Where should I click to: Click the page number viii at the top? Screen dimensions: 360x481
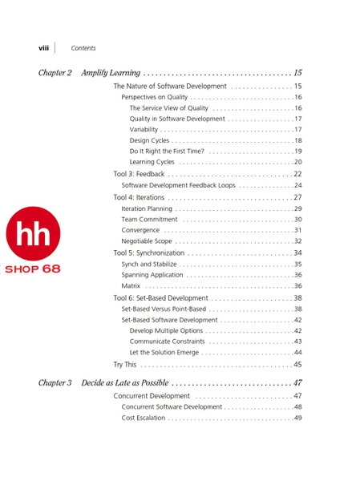(x=43, y=48)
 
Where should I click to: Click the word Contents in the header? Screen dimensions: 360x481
(x=83, y=48)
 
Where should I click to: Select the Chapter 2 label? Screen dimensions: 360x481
(x=55, y=73)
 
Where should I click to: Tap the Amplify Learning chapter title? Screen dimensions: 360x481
(x=111, y=73)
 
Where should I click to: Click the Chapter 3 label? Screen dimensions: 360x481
(x=55, y=383)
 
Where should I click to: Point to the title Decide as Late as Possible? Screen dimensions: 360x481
(x=124, y=383)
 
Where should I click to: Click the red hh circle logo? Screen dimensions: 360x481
(x=33, y=233)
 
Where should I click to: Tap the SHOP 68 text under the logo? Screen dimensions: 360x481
(x=33, y=269)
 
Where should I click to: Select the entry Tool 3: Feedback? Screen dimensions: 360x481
(x=139, y=174)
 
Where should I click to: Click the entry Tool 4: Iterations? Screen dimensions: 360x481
(x=139, y=197)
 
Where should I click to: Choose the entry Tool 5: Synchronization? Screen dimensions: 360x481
(x=148, y=253)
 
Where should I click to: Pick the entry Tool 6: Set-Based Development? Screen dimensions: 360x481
(x=160, y=298)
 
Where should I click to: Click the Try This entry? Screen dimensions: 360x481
(x=124, y=365)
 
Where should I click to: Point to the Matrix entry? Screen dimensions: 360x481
(x=131, y=286)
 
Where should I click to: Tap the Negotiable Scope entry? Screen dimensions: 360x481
(x=147, y=241)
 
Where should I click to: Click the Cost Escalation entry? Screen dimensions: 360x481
(x=144, y=418)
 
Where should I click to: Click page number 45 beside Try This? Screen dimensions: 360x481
(x=297, y=365)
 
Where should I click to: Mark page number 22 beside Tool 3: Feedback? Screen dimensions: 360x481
(x=297, y=174)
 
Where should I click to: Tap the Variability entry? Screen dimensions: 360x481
(x=144, y=130)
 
